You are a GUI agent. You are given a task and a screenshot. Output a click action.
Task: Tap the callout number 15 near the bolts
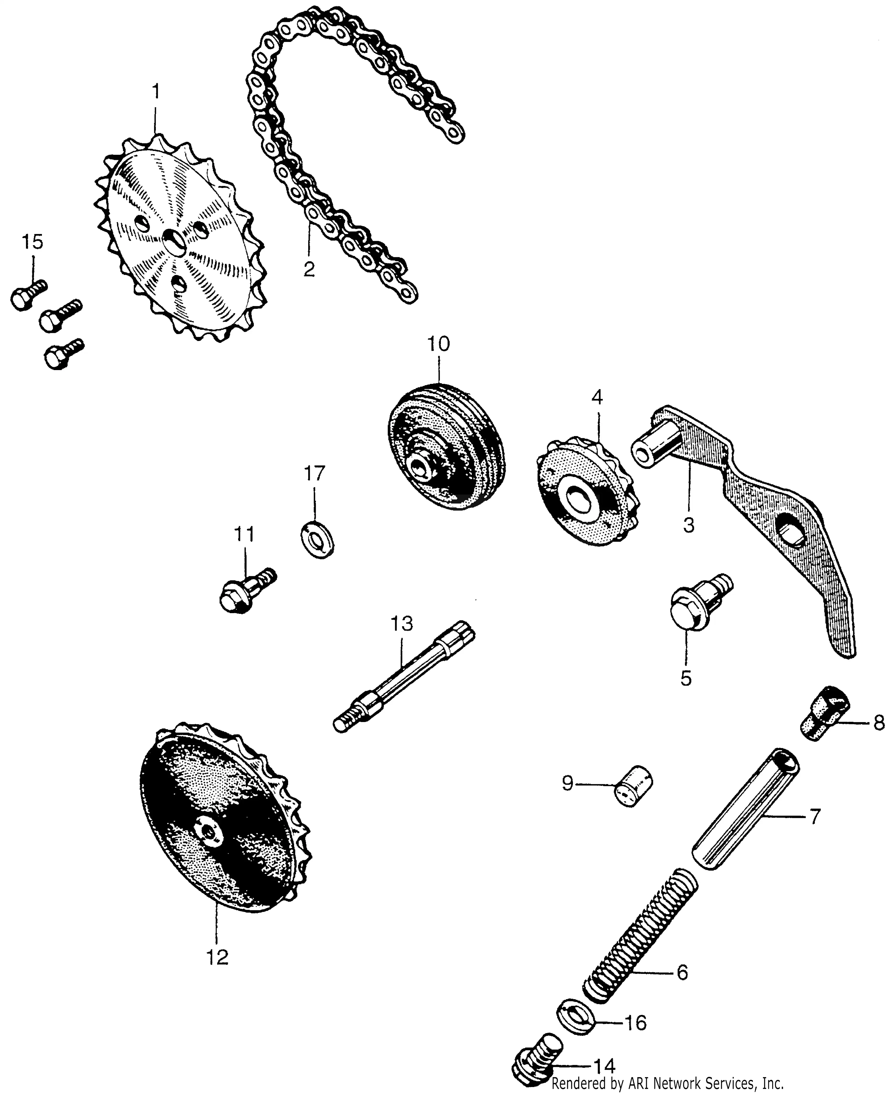click(x=32, y=242)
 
